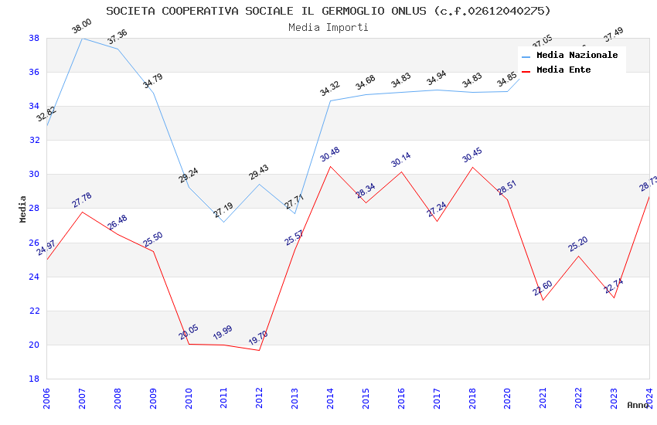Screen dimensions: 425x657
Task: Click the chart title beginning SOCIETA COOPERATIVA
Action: click(x=328, y=11)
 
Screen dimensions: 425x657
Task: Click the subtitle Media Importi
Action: click(x=328, y=27)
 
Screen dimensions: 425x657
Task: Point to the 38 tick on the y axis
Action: click(x=34, y=38)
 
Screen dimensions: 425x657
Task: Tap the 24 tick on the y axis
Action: click(x=34, y=277)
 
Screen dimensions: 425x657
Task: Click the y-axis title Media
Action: click(x=22, y=209)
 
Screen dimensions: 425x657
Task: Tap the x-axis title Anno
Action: click(x=638, y=405)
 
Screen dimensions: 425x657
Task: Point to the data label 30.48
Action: click(x=329, y=155)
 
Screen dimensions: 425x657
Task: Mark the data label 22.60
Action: click(x=543, y=289)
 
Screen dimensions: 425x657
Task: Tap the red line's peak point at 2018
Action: click(x=472, y=167)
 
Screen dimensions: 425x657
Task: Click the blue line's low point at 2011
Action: click(x=224, y=222)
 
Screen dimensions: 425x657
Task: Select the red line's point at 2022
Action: click(x=578, y=256)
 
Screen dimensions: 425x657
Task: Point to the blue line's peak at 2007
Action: click(x=82, y=38)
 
